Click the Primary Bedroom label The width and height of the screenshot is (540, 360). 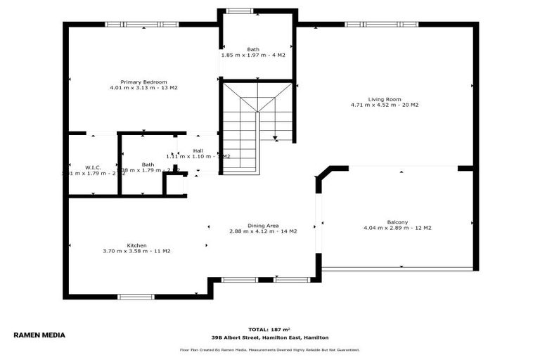point(143,82)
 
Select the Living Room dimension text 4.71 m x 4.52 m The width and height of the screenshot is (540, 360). point(385,105)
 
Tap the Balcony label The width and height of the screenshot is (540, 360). point(397,222)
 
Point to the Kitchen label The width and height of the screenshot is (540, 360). point(136,245)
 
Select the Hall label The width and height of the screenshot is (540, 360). point(198,150)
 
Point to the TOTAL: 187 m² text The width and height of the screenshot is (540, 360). point(269,329)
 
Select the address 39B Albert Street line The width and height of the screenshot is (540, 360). point(270,337)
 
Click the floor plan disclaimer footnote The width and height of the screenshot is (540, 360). point(270,349)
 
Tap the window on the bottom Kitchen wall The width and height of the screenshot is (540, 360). point(136,297)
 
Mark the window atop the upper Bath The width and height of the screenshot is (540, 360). point(239,11)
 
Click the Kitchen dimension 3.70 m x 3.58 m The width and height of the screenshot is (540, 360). point(136,251)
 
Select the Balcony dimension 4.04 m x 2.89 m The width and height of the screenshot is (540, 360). point(397,228)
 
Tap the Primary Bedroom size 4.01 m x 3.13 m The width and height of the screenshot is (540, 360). point(143,88)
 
